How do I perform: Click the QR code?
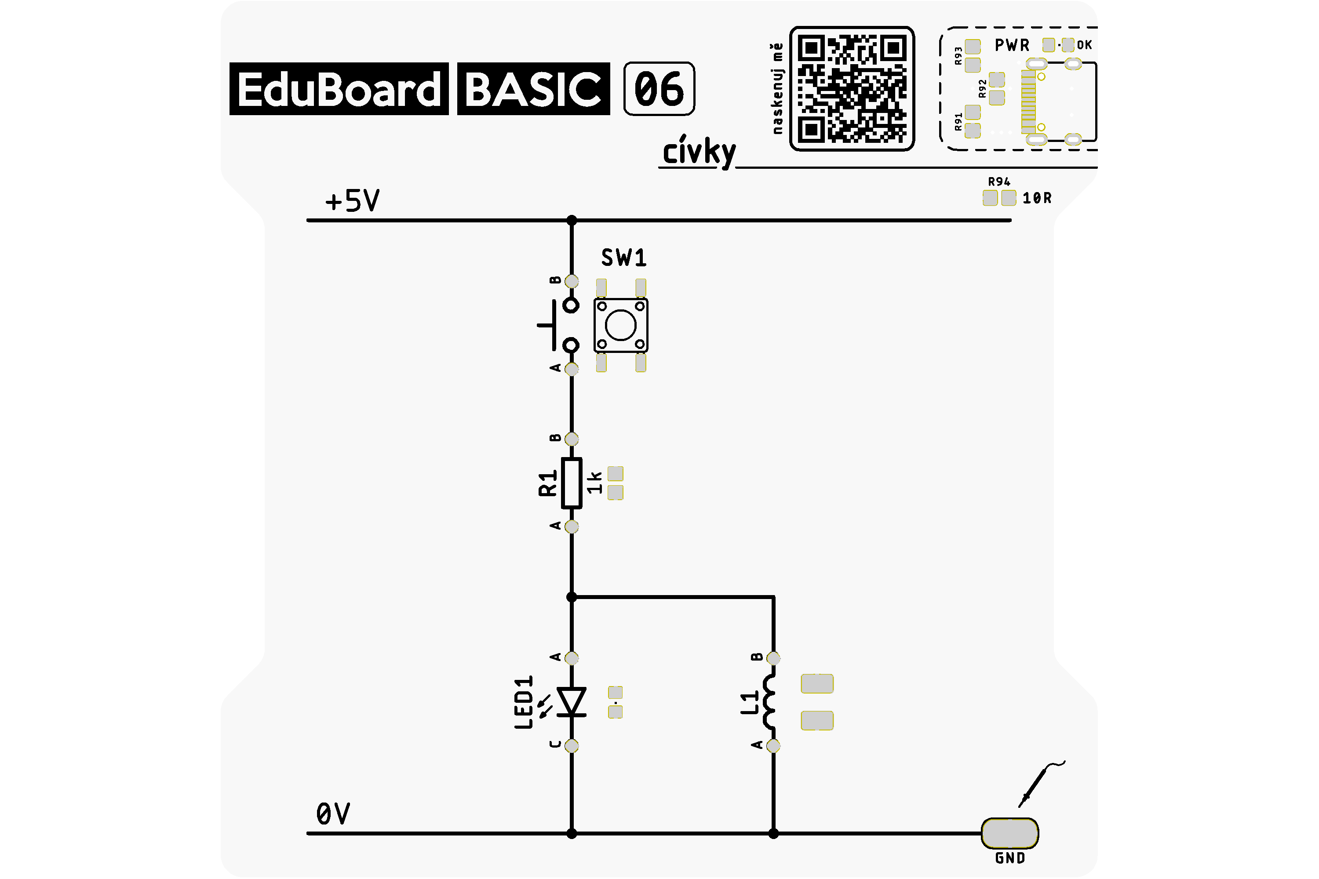(852, 89)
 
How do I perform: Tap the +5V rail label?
(352, 201)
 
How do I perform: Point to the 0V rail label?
(333, 814)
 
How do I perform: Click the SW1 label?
(623, 258)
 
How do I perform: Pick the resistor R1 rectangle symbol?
(572, 483)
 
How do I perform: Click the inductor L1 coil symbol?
(769, 702)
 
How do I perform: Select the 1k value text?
(594, 483)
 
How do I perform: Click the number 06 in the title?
(659, 89)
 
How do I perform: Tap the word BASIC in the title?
(533, 89)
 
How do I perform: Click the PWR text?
(1012, 45)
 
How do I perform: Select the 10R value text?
(1037, 198)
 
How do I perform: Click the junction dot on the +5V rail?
(572, 220)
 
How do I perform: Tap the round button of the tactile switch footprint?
(620, 325)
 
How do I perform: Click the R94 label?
(999, 182)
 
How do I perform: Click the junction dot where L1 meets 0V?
(773, 834)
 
